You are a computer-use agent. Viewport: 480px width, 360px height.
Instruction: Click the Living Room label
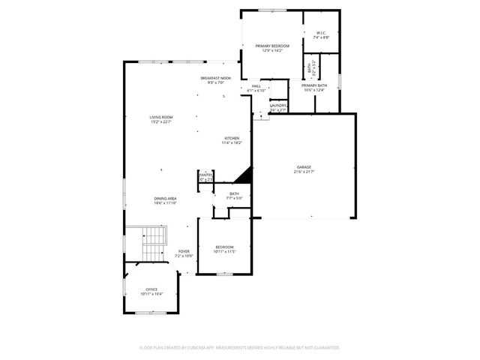click(160, 117)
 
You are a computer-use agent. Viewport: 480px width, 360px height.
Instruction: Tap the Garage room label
click(303, 167)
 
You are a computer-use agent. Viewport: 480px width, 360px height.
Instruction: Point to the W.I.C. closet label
click(320, 33)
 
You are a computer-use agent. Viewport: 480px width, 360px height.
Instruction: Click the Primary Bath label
click(314, 85)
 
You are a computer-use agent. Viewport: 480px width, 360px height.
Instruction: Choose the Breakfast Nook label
click(215, 78)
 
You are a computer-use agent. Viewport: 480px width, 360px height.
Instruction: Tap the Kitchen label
click(232, 139)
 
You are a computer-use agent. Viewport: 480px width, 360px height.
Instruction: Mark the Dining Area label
click(164, 199)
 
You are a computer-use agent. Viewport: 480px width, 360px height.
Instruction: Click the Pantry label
click(205, 175)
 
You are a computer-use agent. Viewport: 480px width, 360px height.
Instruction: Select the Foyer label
click(184, 251)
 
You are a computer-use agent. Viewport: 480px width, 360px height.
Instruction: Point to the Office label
click(151, 289)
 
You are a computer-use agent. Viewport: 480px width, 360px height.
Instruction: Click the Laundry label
click(277, 106)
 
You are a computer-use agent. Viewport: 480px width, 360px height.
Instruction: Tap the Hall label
click(256, 86)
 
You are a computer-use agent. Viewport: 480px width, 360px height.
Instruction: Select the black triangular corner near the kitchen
click(243, 176)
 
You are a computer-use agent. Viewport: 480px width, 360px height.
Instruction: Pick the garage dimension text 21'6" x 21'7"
click(303, 172)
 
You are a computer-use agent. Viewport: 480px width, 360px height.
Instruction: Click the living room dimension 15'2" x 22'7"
click(160, 122)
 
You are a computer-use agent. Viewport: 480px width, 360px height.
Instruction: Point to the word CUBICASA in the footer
click(197, 348)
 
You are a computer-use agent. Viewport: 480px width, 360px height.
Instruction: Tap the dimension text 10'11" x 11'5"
click(225, 253)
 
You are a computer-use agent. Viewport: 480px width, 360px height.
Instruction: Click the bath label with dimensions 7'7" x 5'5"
click(234, 196)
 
